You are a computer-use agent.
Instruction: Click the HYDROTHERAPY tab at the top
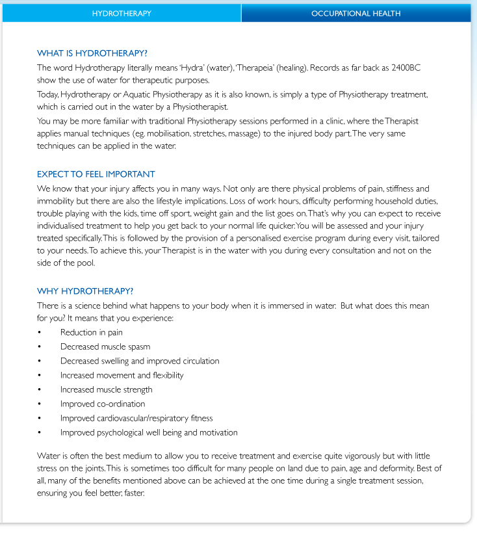coord(122,13)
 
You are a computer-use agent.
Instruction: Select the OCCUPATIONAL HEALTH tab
coord(355,13)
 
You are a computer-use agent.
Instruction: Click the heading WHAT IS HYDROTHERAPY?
coord(97,53)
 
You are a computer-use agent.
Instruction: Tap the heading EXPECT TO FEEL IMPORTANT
coord(96,174)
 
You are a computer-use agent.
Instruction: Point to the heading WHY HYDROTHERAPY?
coord(85,291)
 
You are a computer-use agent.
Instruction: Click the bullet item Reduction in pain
coord(91,332)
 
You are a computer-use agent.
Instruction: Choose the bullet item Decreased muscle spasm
coord(105,347)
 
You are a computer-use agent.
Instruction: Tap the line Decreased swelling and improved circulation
coord(140,361)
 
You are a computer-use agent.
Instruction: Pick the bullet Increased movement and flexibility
coord(122,375)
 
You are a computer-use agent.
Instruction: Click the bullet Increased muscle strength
coord(106,389)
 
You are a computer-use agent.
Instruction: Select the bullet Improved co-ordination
coord(103,404)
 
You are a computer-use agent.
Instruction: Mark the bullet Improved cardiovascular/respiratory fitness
coord(136,418)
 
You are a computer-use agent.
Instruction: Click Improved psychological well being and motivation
coord(149,432)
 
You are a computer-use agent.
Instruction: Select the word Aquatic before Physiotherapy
coord(143,95)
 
